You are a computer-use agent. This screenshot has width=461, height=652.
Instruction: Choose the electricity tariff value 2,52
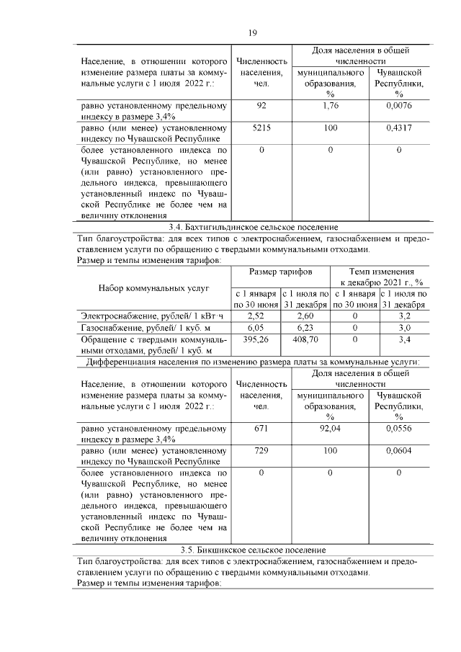256,316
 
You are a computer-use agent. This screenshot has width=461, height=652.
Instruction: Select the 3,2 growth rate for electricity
403,316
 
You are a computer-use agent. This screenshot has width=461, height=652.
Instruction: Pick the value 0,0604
398,449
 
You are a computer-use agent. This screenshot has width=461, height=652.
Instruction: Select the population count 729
261,449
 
